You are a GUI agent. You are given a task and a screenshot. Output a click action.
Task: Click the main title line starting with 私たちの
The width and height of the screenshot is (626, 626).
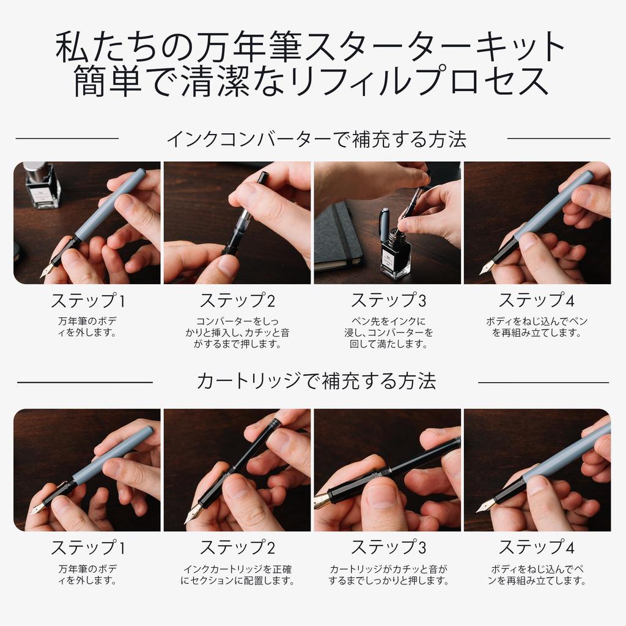coord(312,48)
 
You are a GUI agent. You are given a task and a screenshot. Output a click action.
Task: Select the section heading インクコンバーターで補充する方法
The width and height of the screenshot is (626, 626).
coord(316,139)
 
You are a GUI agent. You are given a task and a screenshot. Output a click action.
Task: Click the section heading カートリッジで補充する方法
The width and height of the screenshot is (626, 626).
coord(316,381)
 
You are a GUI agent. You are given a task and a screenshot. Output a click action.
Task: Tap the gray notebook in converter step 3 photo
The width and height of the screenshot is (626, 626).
coord(338,235)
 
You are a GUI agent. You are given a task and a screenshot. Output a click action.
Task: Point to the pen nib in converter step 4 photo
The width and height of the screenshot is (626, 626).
coord(487,268)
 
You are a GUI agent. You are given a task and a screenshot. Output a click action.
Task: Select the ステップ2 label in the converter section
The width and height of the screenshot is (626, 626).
coord(237,301)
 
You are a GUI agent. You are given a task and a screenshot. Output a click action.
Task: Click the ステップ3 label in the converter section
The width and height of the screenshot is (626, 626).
coord(388,301)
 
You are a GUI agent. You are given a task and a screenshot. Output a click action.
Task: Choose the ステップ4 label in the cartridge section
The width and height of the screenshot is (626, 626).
coord(537,547)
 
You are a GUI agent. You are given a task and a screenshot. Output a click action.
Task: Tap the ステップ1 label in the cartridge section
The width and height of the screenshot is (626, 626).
coord(87,547)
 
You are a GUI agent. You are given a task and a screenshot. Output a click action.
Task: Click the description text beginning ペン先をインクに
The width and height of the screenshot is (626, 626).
coord(388,333)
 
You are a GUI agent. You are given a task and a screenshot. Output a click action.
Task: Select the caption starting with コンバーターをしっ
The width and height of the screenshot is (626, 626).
coord(237,333)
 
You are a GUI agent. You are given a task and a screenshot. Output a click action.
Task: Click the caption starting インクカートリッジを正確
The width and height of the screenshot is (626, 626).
coord(237,575)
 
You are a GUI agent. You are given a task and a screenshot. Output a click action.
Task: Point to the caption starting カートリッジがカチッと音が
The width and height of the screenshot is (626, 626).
coord(388,575)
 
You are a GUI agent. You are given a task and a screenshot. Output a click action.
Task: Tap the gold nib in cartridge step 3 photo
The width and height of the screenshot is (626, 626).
coord(322,501)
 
